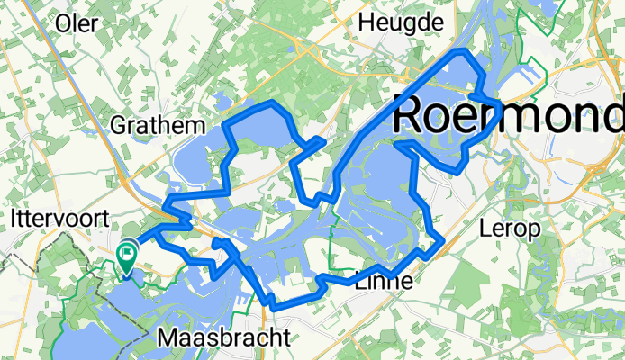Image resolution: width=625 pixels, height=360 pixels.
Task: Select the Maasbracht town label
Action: pos(223,337)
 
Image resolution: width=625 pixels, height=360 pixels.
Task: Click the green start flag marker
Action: pos(126,256)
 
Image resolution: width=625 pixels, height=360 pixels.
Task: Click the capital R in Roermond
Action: pos(411,113)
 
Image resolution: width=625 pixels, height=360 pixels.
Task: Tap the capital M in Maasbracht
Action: pos(167,337)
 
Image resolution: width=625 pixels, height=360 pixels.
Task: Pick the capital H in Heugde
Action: pos(367,21)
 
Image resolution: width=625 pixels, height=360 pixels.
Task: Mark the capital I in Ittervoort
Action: pos(14,219)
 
